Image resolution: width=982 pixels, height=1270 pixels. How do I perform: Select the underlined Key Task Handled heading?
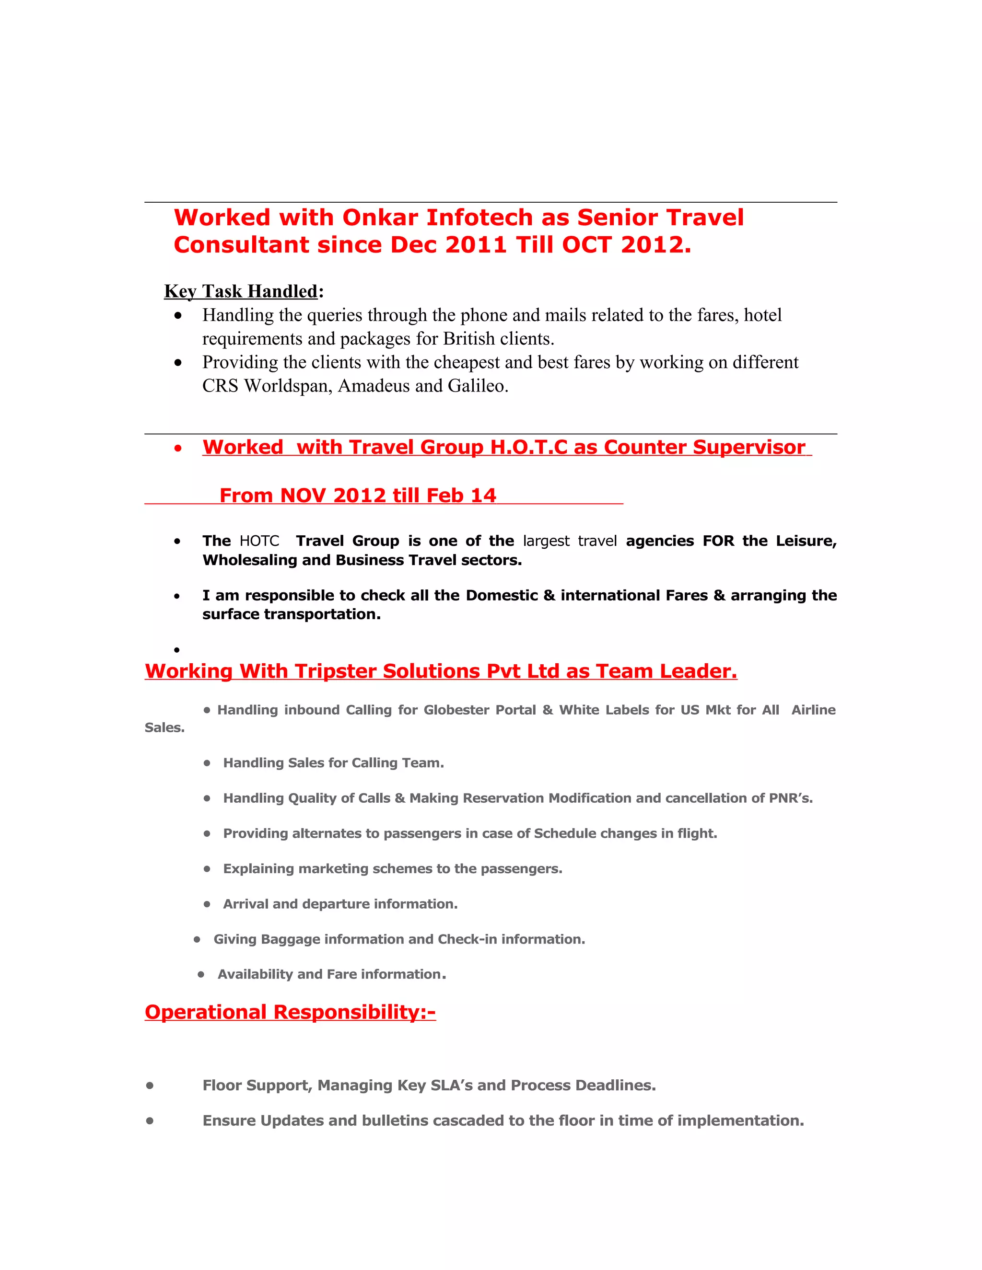point(241,291)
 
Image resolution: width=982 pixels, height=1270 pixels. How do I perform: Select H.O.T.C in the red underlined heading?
point(528,447)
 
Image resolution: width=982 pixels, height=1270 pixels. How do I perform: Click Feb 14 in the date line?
point(461,496)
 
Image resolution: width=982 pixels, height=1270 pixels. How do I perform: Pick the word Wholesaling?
point(249,560)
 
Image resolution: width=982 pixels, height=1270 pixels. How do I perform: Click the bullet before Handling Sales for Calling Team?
point(207,763)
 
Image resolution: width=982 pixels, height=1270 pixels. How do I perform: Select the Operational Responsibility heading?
point(290,1012)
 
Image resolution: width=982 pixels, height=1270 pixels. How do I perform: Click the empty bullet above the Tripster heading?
point(177,649)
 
